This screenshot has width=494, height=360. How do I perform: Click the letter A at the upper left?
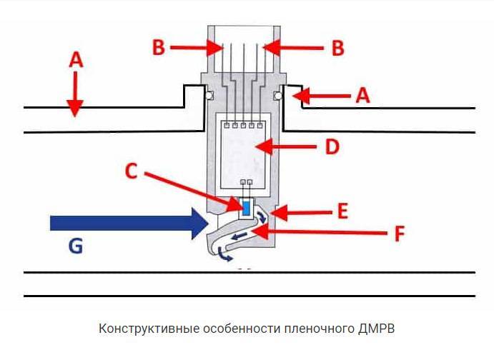[x=76, y=61]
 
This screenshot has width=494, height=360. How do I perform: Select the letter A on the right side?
[x=363, y=95]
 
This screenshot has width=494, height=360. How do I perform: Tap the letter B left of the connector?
[x=159, y=48]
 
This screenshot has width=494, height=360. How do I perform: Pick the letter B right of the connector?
[x=337, y=48]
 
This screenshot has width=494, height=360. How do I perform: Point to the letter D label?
[x=331, y=146]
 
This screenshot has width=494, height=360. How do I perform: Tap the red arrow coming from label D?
[x=285, y=146]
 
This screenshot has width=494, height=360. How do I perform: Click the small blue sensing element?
[x=247, y=208]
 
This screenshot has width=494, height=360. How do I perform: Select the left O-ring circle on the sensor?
[x=210, y=96]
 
